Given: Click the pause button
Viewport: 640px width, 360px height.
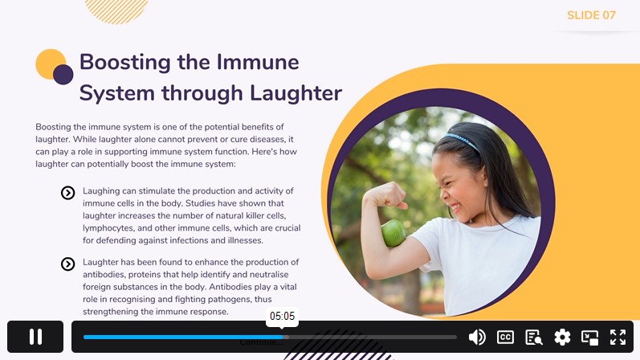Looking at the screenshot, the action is [x=35, y=337].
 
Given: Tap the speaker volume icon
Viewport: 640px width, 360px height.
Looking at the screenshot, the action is [x=477, y=337].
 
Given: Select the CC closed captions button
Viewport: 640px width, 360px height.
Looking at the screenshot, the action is [x=505, y=337].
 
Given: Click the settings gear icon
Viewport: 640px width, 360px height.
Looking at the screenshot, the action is [x=562, y=337].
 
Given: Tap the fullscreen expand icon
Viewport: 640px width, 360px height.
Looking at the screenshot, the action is [x=618, y=337].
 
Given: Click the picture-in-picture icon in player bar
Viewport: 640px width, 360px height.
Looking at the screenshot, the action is [x=589, y=337].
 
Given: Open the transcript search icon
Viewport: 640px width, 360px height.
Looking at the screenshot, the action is [x=533, y=337].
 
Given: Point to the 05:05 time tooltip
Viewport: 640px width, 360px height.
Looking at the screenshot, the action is [x=282, y=317].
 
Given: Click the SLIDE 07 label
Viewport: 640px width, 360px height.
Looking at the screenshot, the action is [x=591, y=15].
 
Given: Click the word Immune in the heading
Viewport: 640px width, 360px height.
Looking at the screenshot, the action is [x=258, y=62].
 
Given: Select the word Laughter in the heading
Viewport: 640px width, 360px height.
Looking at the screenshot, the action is [x=296, y=93].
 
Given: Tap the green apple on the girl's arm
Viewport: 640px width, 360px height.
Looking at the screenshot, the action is [x=393, y=233].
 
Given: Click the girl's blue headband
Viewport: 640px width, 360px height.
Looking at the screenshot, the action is [x=462, y=141].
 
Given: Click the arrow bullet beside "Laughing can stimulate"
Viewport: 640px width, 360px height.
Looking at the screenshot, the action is [x=67, y=193].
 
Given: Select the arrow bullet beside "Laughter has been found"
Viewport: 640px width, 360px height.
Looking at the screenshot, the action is [x=67, y=264].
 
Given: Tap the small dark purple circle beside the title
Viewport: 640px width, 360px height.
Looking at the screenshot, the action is [x=63, y=75].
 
